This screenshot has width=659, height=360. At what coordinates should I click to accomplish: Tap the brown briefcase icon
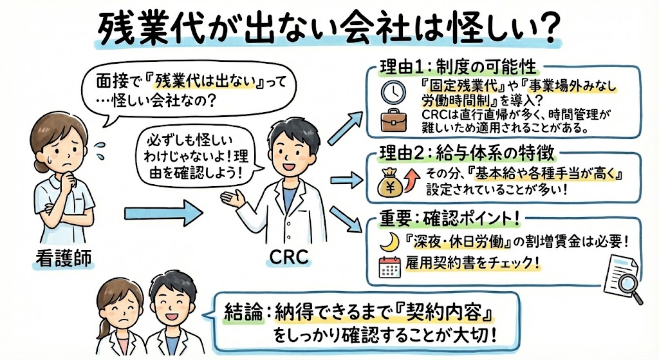coord(390,121)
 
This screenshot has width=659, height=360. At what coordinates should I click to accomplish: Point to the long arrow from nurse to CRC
coord(165,209)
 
